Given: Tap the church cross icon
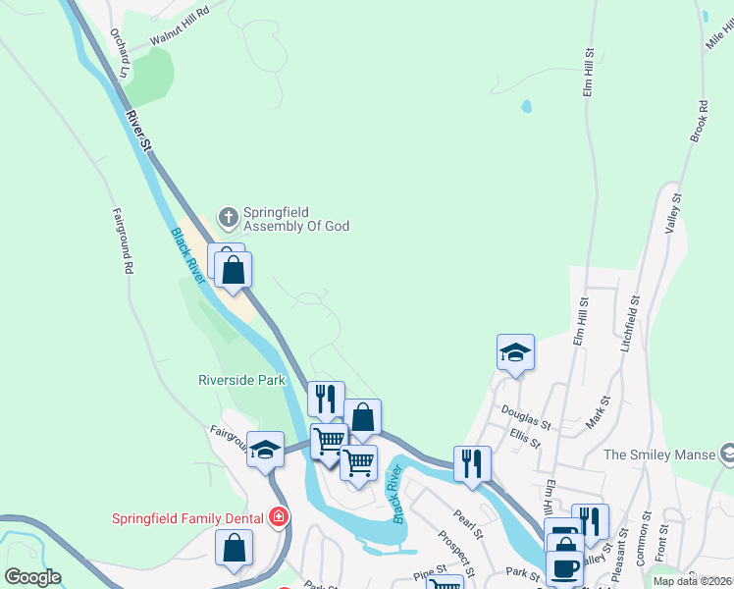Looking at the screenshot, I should (x=228, y=216).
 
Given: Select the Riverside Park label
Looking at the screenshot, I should (x=241, y=380).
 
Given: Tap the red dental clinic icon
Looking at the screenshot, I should (x=280, y=516).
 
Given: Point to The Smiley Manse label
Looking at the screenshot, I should (x=661, y=455).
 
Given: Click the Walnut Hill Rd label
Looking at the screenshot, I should (x=181, y=27).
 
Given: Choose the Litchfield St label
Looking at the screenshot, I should (x=629, y=324).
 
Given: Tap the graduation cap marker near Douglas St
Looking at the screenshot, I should (x=515, y=353).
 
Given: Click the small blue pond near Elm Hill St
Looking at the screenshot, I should (x=526, y=105).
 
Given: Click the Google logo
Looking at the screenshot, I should (x=32, y=577).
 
